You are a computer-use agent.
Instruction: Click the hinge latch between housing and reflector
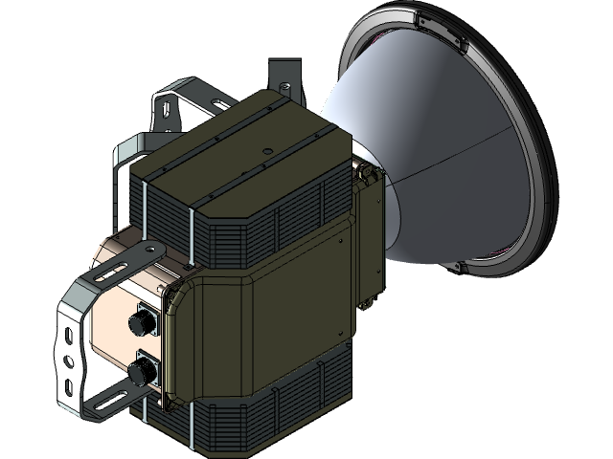point(365,173)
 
